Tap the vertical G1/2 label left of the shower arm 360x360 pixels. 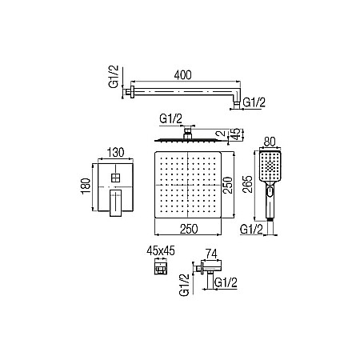pyautogui.click(x=114, y=76)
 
